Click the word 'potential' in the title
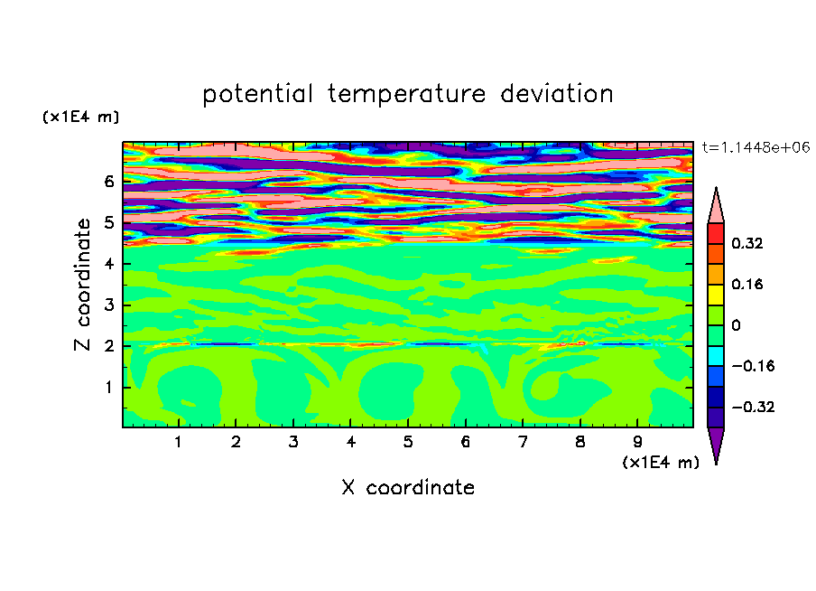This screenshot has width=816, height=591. tap(257, 94)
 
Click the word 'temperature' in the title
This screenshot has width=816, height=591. tap(406, 94)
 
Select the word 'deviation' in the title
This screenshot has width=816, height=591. tap(556, 93)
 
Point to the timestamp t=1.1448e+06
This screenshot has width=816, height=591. tap(756, 147)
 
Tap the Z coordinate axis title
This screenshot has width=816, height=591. tap(83, 284)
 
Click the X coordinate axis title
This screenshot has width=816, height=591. tap(408, 487)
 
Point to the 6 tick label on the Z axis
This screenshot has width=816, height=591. tap(108, 182)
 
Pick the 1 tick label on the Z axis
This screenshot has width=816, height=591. tap(108, 388)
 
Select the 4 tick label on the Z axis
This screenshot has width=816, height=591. tap(108, 264)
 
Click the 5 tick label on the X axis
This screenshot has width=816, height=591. tap(408, 442)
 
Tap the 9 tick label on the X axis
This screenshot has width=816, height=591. tap(637, 442)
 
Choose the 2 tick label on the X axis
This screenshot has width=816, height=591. tap(236, 442)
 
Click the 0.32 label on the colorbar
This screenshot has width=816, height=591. tap(747, 243)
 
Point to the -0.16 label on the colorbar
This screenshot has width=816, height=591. tap(753, 366)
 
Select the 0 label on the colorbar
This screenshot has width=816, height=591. tap(736, 325)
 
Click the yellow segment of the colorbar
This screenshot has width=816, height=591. tap(716, 295)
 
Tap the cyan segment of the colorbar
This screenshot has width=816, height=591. tap(716, 356)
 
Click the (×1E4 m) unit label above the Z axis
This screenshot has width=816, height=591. tap(80, 117)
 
